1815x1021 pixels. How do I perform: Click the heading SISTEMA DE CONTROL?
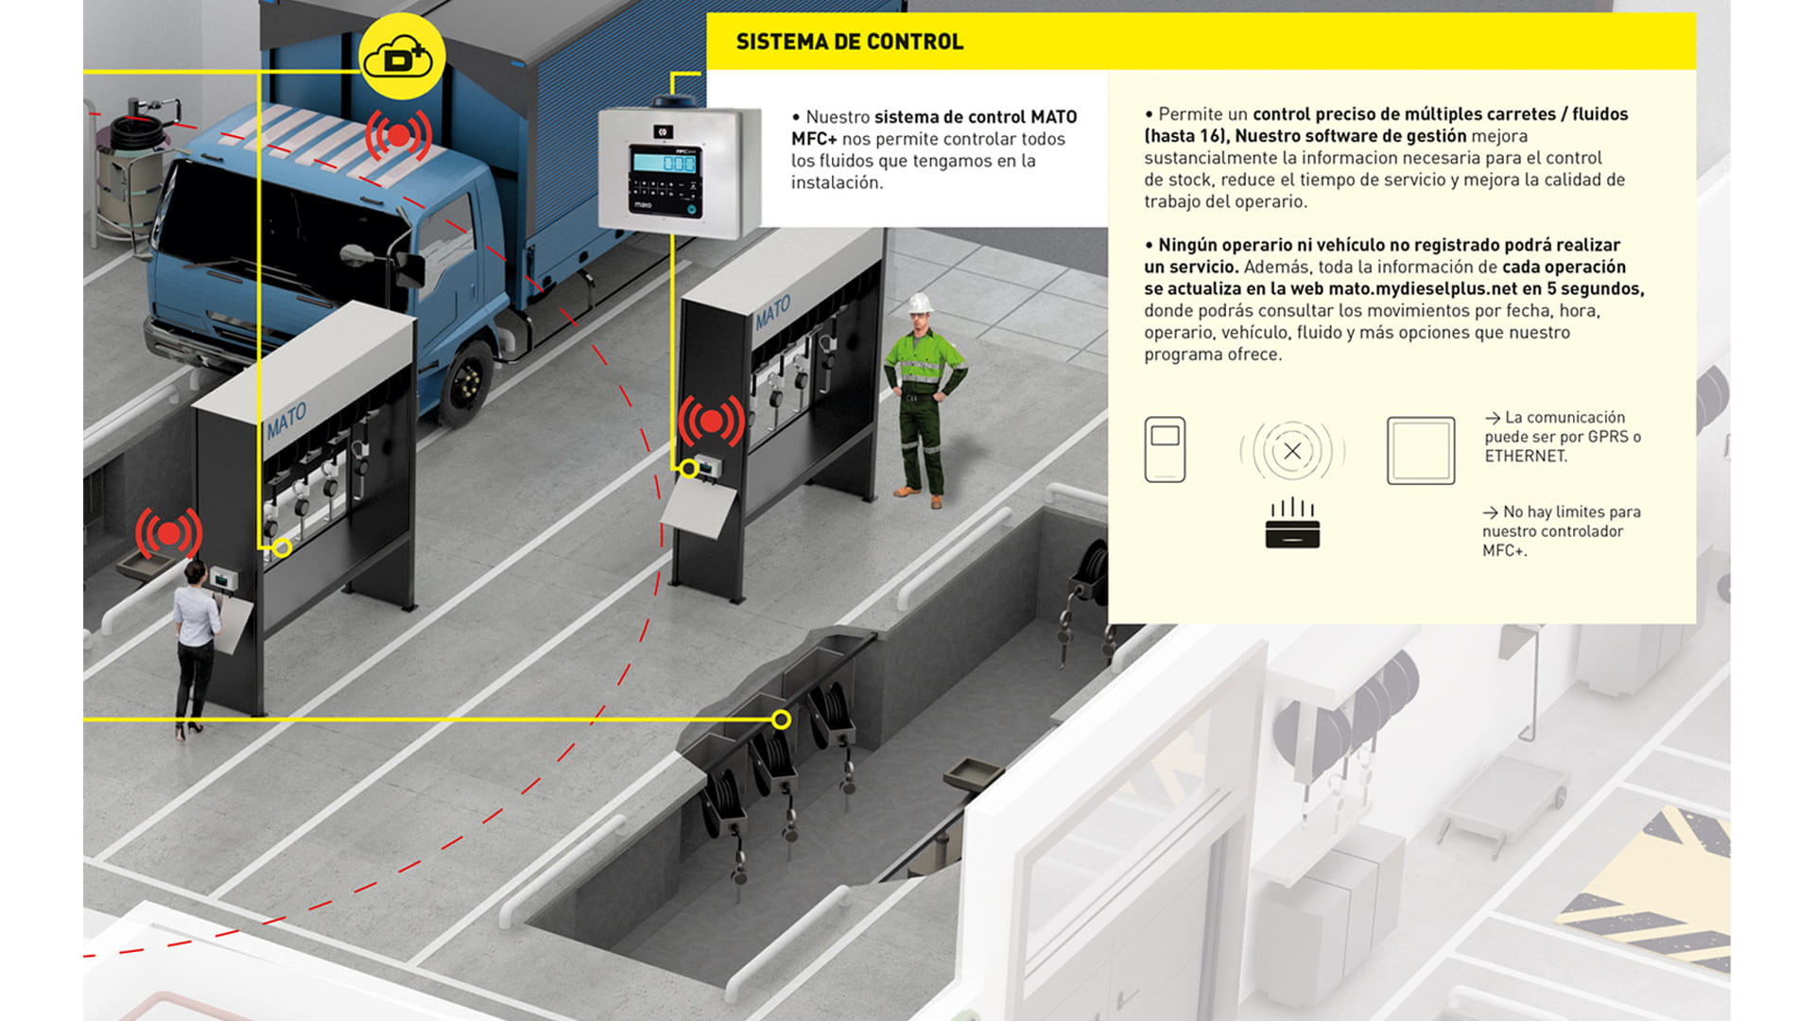(849, 42)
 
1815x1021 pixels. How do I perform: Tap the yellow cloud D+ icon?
(401, 57)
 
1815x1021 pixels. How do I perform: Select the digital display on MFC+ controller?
(665, 163)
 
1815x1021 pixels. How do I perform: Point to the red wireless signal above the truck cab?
(398, 136)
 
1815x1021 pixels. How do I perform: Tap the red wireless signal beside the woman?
(168, 534)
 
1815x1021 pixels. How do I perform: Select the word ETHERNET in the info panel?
(1525, 456)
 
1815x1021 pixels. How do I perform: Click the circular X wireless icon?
(1292, 451)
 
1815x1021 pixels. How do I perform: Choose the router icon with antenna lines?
(1292, 525)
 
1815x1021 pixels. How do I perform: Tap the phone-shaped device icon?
(1165, 450)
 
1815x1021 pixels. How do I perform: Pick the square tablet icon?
(1421, 451)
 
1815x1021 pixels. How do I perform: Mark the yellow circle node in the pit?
(781, 720)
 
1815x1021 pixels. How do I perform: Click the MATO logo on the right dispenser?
(772, 312)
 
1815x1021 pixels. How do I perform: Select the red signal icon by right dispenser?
(710, 422)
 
